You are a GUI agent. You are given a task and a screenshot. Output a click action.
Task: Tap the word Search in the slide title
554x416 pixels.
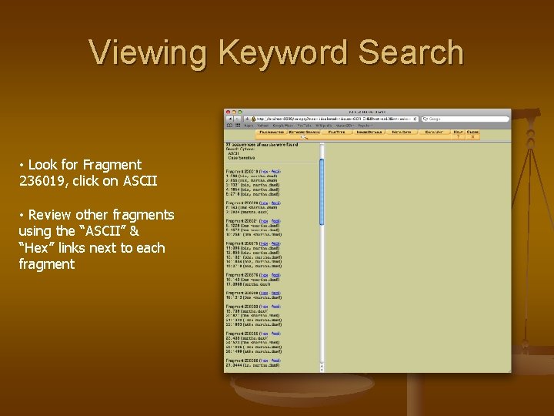pyautogui.click(x=411, y=53)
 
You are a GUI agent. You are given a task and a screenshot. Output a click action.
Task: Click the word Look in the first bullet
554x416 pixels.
pyautogui.click(x=42, y=165)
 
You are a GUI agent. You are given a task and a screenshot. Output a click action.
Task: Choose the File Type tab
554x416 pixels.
pyautogui.click(x=337, y=133)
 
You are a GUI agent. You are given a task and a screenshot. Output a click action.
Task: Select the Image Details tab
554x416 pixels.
pyautogui.click(x=370, y=133)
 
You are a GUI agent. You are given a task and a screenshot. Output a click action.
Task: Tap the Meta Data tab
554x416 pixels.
pyautogui.click(x=402, y=133)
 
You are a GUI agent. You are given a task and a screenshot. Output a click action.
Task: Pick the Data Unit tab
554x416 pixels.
pyautogui.click(x=433, y=133)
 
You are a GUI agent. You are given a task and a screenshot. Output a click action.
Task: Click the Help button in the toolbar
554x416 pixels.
pyautogui.click(x=458, y=133)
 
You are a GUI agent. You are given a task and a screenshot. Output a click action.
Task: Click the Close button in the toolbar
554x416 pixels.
pyautogui.click(x=472, y=133)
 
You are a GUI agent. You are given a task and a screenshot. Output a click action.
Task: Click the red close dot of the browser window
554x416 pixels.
pyautogui.click(x=228, y=112)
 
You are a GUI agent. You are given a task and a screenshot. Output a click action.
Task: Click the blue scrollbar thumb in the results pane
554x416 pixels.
pyautogui.click(x=322, y=185)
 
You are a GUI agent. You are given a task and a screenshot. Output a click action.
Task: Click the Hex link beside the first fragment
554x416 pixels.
pyautogui.click(x=264, y=171)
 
